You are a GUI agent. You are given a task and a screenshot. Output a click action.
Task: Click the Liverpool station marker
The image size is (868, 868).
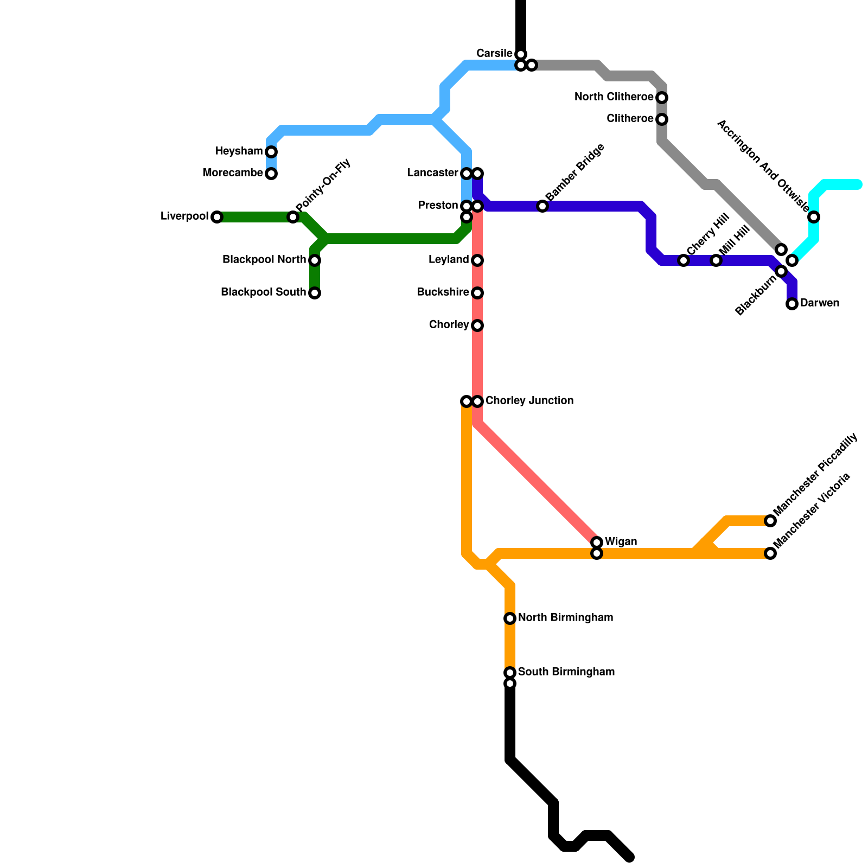pyautogui.click(x=217, y=217)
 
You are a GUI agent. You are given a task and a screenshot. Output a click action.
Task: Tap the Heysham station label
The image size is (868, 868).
pyautogui.click(x=239, y=151)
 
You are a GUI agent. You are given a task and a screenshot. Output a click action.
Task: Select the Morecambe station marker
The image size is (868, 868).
pyautogui.click(x=271, y=174)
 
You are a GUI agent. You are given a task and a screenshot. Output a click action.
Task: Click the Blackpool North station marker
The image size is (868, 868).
pyautogui.click(x=315, y=260)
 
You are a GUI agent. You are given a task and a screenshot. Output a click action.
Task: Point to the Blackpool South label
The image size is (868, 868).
pyautogui.click(x=263, y=292)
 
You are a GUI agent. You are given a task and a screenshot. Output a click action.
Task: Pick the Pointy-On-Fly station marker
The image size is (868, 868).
pyautogui.click(x=293, y=217)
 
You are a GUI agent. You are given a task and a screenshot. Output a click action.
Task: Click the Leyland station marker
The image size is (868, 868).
pyautogui.click(x=477, y=260)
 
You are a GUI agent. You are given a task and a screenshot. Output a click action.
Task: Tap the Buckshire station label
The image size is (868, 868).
pyautogui.click(x=443, y=292)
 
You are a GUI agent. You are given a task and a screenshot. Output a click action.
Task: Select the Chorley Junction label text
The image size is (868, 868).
pyautogui.click(x=529, y=401)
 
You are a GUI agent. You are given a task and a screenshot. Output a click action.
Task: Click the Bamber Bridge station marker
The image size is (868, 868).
pyautogui.click(x=542, y=206)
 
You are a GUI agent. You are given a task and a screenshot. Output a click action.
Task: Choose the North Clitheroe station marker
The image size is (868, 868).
pyautogui.click(x=662, y=98)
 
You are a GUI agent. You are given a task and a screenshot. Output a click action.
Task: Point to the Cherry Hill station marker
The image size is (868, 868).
pyautogui.click(x=684, y=260)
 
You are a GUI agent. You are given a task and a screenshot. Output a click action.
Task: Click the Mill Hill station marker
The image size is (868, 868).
pyautogui.click(x=716, y=260)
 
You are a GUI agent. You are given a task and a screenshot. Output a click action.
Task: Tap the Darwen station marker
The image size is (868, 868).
pyautogui.click(x=792, y=304)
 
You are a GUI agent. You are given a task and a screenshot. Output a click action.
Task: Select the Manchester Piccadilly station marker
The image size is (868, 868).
pyautogui.click(x=770, y=521)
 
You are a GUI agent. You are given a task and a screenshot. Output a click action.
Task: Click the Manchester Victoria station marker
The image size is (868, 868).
pyautogui.click(x=770, y=553)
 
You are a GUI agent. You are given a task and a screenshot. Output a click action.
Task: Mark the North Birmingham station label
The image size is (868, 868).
pyautogui.click(x=565, y=618)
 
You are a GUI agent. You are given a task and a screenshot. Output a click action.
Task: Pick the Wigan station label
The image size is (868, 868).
pyautogui.click(x=621, y=542)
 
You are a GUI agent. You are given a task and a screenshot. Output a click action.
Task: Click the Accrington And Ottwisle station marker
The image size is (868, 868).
pyautogui.click(x=814, y=217)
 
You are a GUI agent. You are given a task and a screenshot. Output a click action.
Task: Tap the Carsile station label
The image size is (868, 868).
pyautogui.click(x=494, y=54)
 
